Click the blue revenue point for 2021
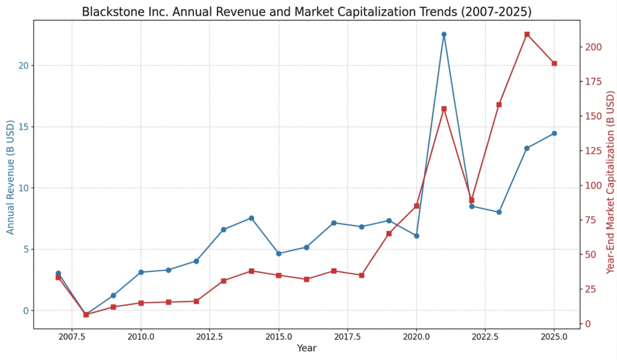(x=444, y=34)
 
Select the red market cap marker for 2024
(x=527, y=34)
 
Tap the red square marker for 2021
(x=444, y=109)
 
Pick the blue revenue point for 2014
(x=251, y=218)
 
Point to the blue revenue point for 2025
(x=554, y=133)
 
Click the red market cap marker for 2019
(x=389, y=233)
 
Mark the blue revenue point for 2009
(x=113, y=295)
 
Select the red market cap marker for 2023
(x=499, y=104)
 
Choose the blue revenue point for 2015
(x=278, y=253)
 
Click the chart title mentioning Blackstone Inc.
(x=307, y=12)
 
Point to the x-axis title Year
(x=307, y=348)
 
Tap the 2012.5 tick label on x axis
(x=210, y=336)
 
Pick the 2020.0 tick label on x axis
(x=416, y=336)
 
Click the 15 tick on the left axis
(x=22, y=127)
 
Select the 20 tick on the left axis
(x=22, y=65)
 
